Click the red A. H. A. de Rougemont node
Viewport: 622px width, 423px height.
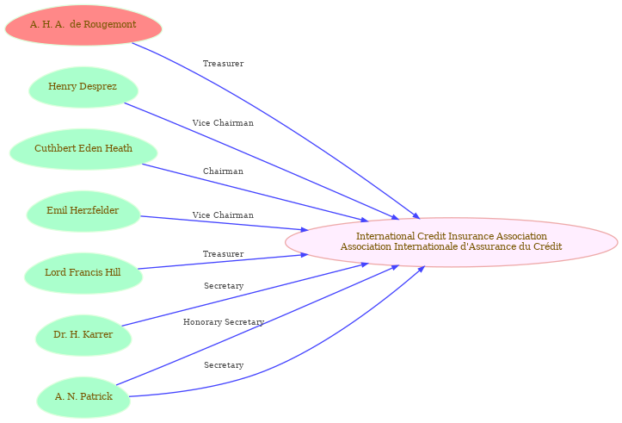coord(83,25)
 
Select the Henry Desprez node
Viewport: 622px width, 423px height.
coord(83,87)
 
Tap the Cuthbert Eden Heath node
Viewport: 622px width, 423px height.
coord(83,149)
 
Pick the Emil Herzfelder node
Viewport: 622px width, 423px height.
coord(83,211)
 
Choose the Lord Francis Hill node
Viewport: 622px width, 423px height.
coord(83,273)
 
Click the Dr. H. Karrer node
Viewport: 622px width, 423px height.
coord(83,335)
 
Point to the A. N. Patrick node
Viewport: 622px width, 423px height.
coord(83,397)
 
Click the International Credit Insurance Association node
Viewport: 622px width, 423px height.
coord(451,242)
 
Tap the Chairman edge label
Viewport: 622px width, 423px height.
coord(223,171)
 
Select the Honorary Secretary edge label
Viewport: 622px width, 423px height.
coord(224,322)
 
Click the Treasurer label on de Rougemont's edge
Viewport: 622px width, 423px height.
coord(223,64)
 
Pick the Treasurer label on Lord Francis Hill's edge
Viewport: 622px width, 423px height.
coord(223,254)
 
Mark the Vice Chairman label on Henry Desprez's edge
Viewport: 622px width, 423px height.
coord(223,123)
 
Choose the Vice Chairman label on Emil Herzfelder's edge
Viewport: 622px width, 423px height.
coord(223,215)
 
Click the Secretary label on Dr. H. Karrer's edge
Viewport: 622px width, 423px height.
coord(224,286)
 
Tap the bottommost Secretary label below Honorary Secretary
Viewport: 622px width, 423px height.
coord(224,365)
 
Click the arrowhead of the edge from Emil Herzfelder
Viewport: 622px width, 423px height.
coord(305,229)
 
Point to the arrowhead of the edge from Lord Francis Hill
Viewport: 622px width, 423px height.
coord(305,255)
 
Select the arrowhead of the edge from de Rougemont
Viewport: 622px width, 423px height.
coord(416,215)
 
